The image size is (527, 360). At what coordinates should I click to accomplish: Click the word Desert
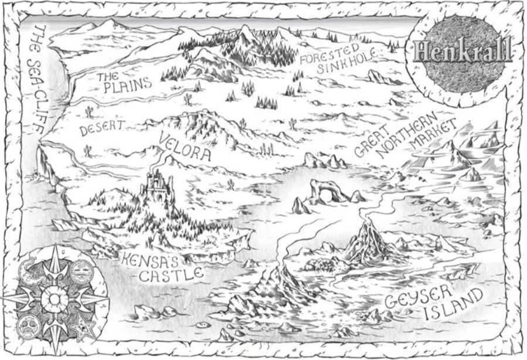coord(103,128)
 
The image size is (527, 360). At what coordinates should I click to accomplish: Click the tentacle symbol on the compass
coord(30,273)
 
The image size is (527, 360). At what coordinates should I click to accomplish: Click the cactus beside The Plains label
coord(89,111)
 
